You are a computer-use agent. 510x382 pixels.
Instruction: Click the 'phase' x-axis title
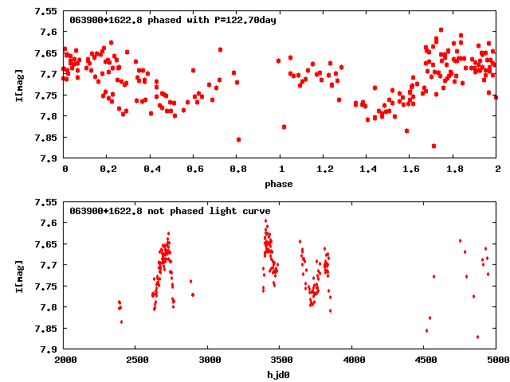[x=280, y=184]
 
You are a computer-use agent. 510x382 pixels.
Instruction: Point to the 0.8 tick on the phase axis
[x=237, y=170]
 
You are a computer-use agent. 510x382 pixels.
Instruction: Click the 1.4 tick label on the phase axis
[x=367, y=170]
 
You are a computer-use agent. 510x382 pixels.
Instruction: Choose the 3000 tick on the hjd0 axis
[x=208, y=360]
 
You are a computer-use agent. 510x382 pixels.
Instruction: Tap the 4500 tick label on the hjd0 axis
[x=425, y=360]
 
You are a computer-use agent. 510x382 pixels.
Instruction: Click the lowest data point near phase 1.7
[x=433, y=146]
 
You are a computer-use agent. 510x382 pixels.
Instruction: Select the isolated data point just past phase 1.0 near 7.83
[x=284, y=127]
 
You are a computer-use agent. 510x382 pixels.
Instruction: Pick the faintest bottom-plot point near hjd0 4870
[x=477, y=337]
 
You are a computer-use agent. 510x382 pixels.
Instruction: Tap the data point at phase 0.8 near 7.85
[x=238, y=139]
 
